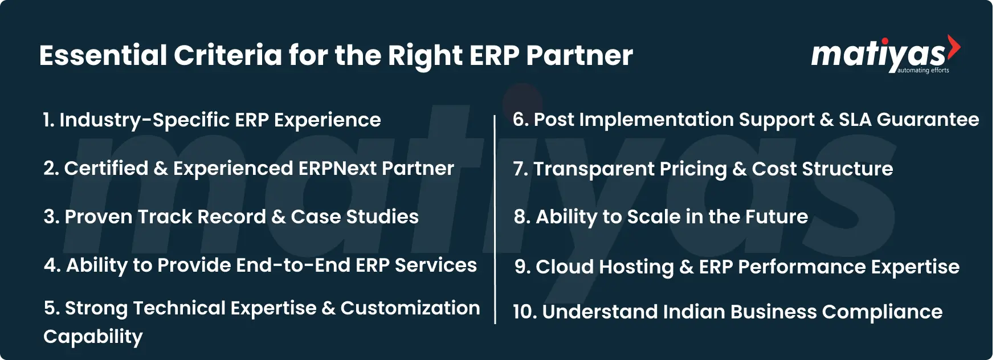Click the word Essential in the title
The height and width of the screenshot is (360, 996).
103,56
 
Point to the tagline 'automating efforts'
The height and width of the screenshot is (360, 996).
923,71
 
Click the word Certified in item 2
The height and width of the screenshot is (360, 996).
106,169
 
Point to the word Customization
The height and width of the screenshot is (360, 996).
410,308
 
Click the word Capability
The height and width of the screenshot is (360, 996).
93,337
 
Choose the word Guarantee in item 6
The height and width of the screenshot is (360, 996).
928,120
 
